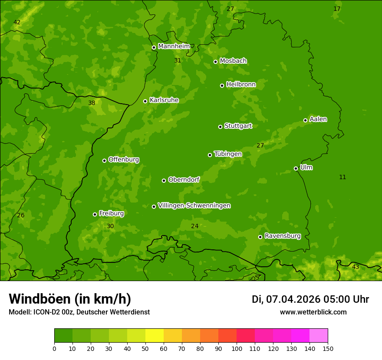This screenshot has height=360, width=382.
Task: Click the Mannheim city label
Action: tap(174, 46)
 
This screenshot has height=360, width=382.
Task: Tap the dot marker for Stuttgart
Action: tap(220, 127)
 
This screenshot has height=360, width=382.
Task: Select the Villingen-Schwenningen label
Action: tap(194, 206)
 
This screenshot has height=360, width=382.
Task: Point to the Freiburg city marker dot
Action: tap(95, 214)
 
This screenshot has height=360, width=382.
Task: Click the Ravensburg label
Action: tap(283, 236)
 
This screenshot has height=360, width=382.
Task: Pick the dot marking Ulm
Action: tap(296, 168)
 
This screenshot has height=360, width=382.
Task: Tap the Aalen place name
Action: tap(318, 119)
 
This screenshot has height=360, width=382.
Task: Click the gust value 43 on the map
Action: tap(356, 267)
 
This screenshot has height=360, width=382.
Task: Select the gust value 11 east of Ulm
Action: tap(342, 177)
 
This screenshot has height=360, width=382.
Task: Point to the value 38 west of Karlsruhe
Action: tap(92, 103)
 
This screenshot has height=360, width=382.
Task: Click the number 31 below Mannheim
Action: tap(178, 60)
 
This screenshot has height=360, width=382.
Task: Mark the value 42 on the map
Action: tap(17, 23)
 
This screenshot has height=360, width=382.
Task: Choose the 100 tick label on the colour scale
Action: tap(237, 348)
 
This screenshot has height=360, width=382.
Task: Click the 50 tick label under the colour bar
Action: tap(145, 348)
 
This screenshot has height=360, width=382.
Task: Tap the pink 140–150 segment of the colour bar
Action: tap(319, 336)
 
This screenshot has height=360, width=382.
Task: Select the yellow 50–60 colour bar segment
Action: tap(155, 336)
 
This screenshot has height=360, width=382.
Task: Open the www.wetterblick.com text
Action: tap(313, 312)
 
